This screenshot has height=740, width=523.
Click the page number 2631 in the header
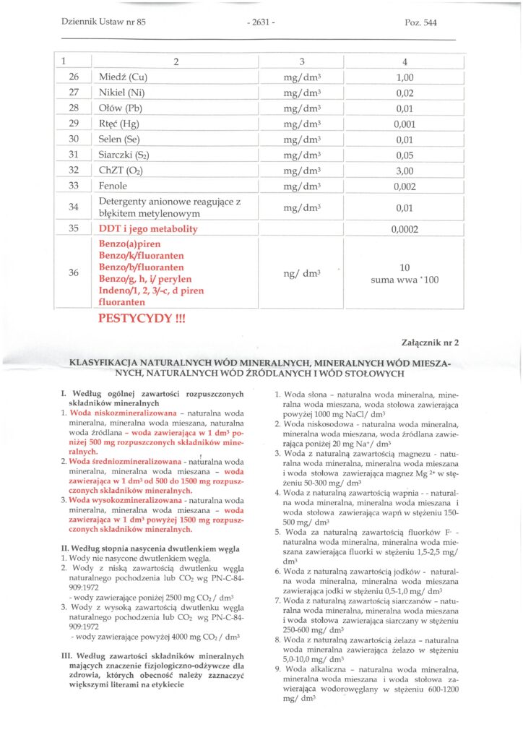(261, 22)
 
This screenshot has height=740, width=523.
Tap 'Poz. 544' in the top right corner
(420, 22)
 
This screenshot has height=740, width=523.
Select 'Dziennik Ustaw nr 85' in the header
(104, 22)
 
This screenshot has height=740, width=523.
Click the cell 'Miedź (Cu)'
(123, 77)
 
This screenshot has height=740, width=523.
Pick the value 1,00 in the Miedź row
(405, 77)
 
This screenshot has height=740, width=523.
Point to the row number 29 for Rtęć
(74, 124)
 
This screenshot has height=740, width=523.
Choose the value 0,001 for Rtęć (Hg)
(405, 124)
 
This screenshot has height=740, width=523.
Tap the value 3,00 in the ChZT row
(405, 171)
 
